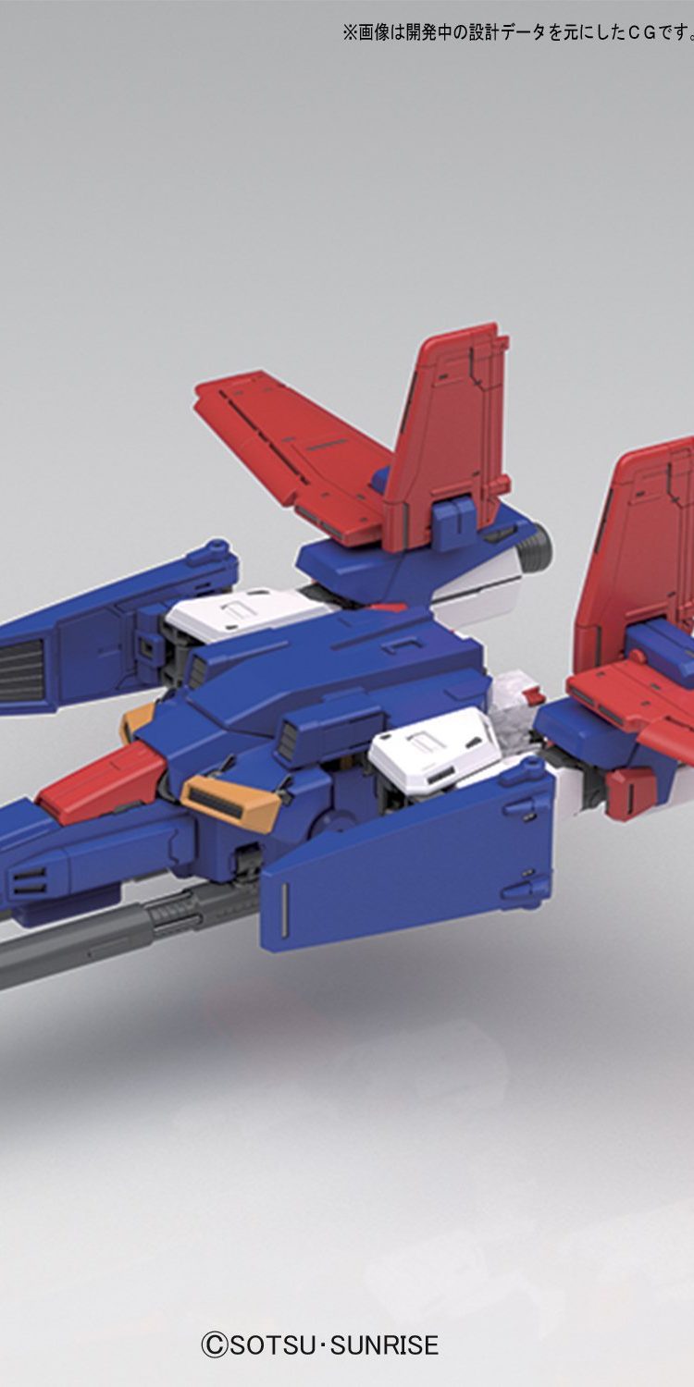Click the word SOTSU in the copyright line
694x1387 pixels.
[273, 1344]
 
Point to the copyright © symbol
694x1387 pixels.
[214, 1344]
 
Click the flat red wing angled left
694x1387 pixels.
[291, 452]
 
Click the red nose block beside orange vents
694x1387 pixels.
[102, 775]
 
